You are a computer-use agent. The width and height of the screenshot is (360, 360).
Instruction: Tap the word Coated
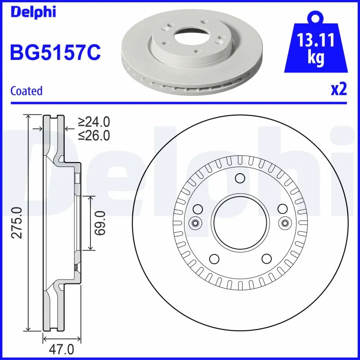point(26,91)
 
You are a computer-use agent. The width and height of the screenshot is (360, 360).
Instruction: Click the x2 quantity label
point(339,90)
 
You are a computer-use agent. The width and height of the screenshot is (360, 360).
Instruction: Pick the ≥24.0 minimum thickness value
point(94,121)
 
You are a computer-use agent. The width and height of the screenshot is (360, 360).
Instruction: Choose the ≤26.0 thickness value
point(94,135)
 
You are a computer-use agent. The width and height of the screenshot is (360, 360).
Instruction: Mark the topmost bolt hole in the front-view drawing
point(239,179)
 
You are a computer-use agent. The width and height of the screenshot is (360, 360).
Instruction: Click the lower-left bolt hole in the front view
point(214,258)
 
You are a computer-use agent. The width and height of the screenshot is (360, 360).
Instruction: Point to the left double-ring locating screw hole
point(195,223)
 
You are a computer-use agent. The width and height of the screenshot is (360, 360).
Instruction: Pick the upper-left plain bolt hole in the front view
point(197,209)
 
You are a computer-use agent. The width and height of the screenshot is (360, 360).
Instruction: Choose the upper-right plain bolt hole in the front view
point(282,209)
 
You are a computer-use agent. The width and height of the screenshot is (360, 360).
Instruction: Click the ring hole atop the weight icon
point(317,18)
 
